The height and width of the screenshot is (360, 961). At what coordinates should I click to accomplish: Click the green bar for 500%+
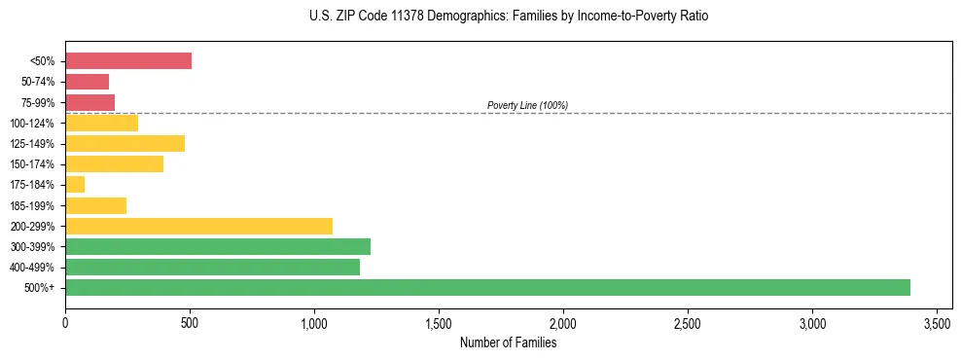pos(487,287)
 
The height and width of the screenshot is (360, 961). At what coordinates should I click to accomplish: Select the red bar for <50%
pos(128,61)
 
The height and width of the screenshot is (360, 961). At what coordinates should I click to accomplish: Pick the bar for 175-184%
pos(75,184)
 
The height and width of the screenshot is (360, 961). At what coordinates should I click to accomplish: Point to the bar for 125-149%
pos(125,143)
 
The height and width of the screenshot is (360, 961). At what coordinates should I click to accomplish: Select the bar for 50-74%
pos(87,82)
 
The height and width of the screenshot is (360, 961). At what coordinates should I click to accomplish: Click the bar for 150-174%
pos(114,163)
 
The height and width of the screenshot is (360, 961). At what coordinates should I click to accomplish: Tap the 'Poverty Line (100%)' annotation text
pos(527,105)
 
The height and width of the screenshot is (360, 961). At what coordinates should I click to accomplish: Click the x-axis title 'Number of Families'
pos(509,342)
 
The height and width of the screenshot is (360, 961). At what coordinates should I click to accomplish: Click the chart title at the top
pos(509,17)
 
